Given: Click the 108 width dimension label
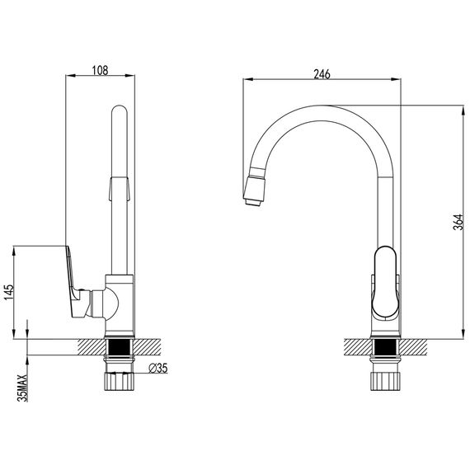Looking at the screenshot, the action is point(100,70).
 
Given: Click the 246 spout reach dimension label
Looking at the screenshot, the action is point(322,74).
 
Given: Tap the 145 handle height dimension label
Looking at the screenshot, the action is point(9,292).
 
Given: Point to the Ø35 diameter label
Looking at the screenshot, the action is point(158,368).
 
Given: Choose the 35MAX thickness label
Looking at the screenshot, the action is point(22,388).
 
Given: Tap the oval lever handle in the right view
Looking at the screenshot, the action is point(385,282).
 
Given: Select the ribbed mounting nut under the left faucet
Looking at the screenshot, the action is point(120,381).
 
